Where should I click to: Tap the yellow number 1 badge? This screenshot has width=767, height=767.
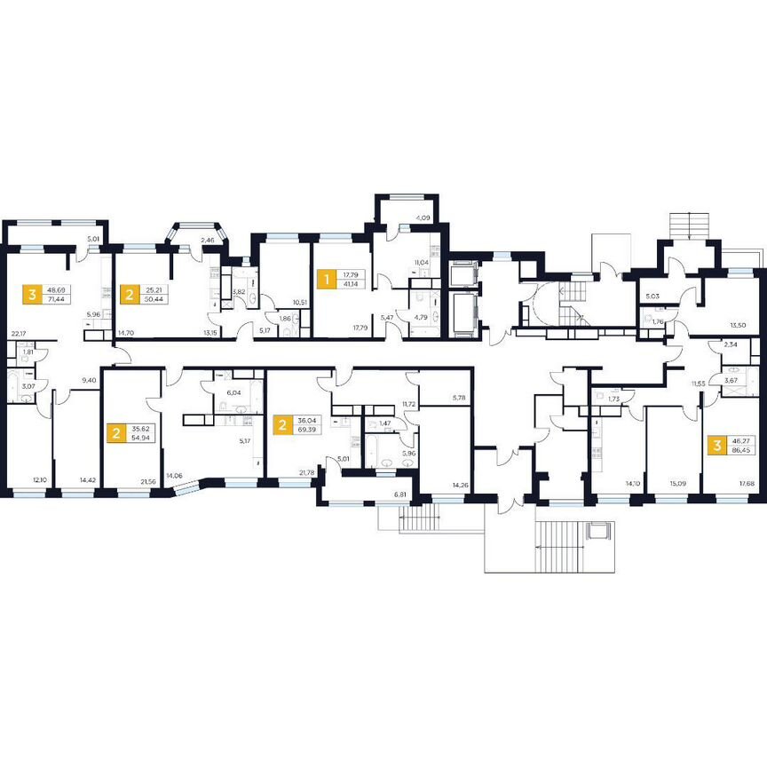point(326,281)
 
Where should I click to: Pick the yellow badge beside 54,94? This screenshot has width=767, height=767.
point(115,433)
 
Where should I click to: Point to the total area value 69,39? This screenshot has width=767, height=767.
point(310,429)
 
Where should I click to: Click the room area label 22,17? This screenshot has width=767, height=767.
point(16,334)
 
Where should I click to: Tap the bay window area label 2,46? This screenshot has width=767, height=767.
point(209,240)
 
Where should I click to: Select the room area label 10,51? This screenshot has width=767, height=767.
point(298,302)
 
